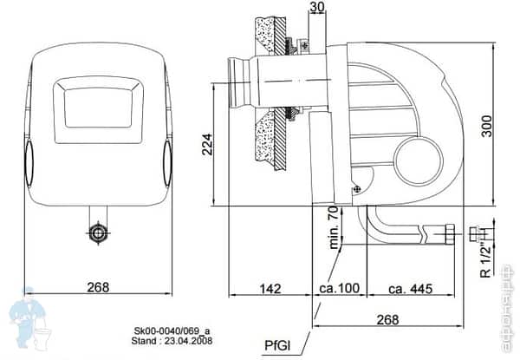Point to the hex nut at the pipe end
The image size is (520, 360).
[x=449, y=232]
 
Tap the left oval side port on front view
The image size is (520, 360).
[x=28, y=160]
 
